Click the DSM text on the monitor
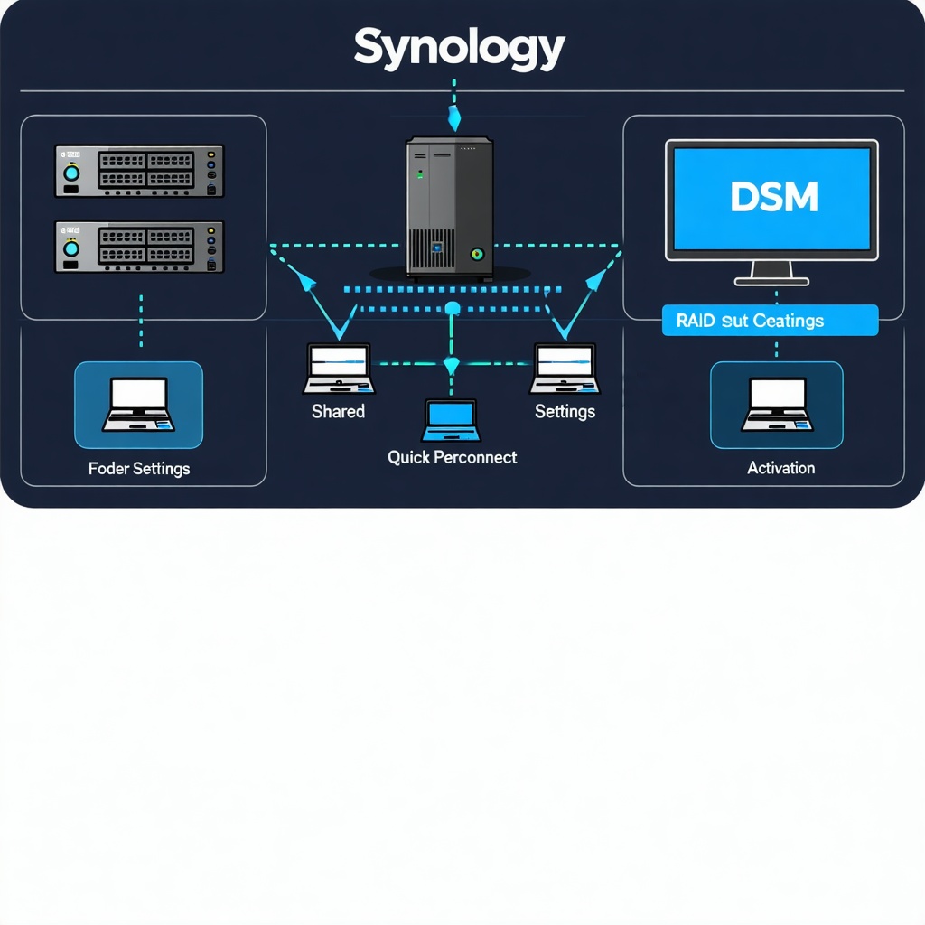pyautogui.click(x=774, y=196)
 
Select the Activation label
pyautogui.click(x=780, y=468)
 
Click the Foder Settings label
pyautogui.click(x=139, y=469)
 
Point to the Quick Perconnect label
pyautogui.click(x=452, y=457)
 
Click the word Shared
pyautogui.click(x=338, y=412)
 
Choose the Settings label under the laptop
pyautogui.click(x=565, y=412)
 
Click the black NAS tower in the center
pyautogui.click(x=449, y=206)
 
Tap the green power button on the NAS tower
pyautogui.click(x=477, y=255)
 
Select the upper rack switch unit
pyautogui.click(x=139, y=171)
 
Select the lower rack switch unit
pyautogui.click(x=139, y=247)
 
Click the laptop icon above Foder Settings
pyautogui.click(x=138, y=405)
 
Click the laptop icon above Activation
pyautogui.click(x=777, y=405)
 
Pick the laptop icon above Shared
pyautogui.click(x=338, y=368)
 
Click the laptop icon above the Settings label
pyautogui.click(x=565, y=368)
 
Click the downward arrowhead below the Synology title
pyautogui.click(x=454, y=117)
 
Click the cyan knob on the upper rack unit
pyautogui.click(x=71, y=172)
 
